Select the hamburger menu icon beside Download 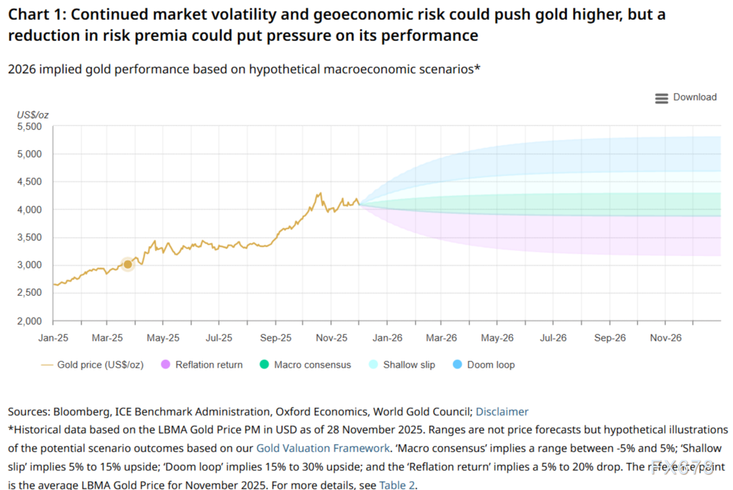(661, 98)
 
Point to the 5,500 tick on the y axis (29, 127)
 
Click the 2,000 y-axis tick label (29, 321)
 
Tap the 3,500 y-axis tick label (29, 238)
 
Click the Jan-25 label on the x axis (53, 338)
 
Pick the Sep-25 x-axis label (276, 338)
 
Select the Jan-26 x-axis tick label (387, 338)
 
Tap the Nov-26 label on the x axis (666, 338)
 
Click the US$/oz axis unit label (33, 115)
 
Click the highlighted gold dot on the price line (127, 265)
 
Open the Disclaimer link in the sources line (502, 411)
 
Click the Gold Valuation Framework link (323, 448)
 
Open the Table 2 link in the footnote (397, 485)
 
